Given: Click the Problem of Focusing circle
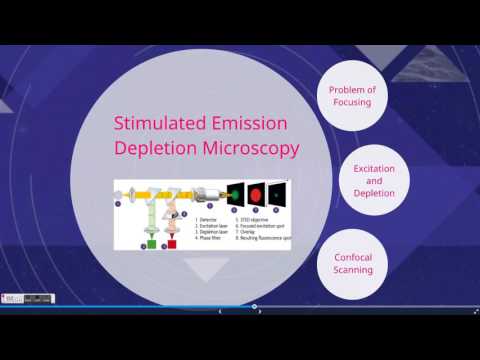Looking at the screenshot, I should pos(352,96).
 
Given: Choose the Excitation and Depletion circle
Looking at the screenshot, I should pos(374,181).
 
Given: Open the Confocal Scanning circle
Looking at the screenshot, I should pos(352,264).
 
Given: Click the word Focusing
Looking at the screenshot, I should pos(352,103).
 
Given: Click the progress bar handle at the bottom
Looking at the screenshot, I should pos(254,306).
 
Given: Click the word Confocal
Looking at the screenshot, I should pos(352,257).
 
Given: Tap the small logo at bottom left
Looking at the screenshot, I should pos(12,298).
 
